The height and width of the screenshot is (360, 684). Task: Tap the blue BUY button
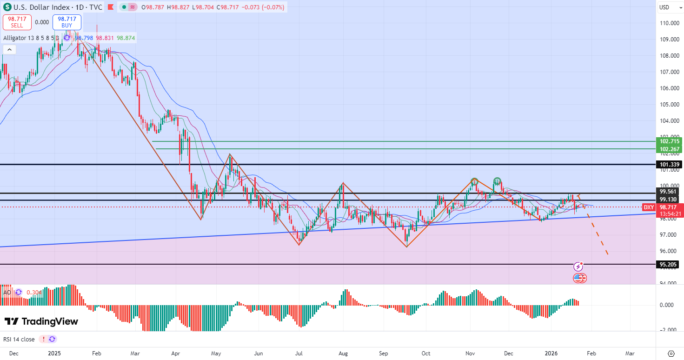click(x=67, y=22)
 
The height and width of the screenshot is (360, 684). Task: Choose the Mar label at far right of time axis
click(x=630, y=353)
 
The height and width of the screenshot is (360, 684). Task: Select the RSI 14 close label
click(x=19, y=339)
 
